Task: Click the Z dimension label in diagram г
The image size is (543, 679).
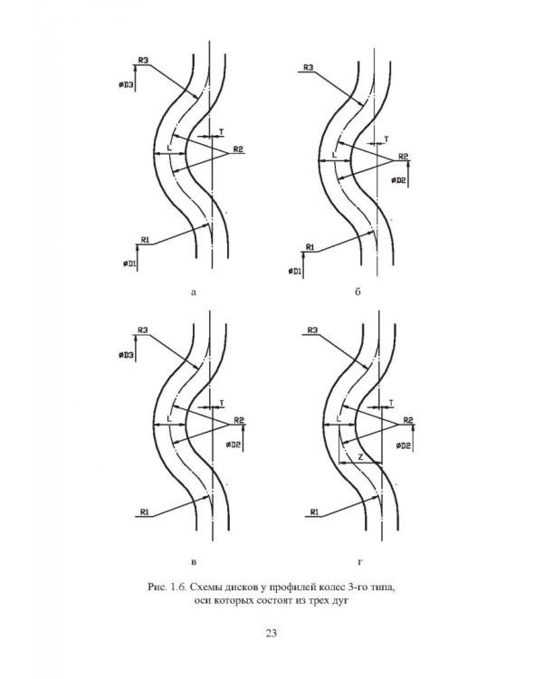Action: (360, 457)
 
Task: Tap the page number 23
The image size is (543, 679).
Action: (271, 633)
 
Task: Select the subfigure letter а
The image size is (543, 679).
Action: (194, 292)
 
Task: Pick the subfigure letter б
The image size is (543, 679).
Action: (357, 292)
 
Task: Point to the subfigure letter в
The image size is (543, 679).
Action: (194, 562)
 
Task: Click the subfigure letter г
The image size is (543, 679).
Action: (360, 562)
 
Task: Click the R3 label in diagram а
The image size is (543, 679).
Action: (143, 60)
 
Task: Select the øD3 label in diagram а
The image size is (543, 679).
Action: (126, 85)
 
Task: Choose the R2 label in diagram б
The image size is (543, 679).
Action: (403, 157)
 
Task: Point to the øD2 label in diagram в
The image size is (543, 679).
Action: (233, 445)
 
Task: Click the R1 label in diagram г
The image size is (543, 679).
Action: (314, 512)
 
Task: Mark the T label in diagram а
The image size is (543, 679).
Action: (222, 131)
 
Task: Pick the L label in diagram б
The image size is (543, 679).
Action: (334, 155)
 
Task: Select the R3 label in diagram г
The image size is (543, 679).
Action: (312, 330)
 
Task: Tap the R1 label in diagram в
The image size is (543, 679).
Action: (145, 512)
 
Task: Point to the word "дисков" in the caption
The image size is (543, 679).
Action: (237, 588)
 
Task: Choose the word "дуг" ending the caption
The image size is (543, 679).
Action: (341, 601)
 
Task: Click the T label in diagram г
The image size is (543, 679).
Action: (391, 403)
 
